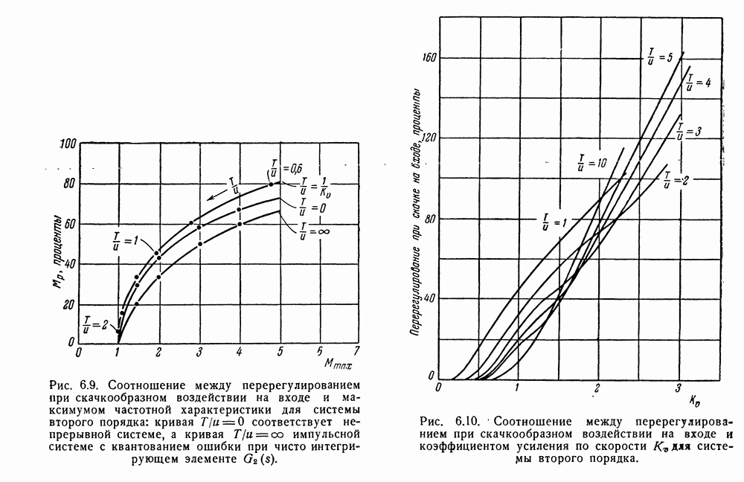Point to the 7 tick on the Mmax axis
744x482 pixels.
coord(356,351)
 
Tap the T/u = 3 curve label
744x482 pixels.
coord(690,132)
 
